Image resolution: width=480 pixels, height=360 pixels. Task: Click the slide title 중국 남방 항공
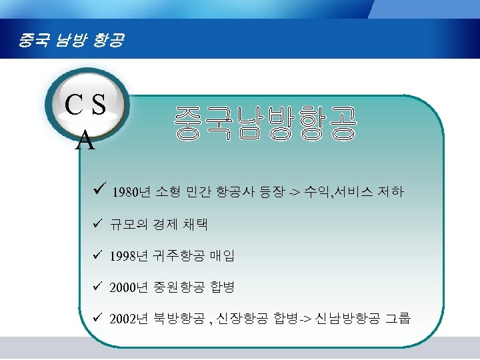(71, 43)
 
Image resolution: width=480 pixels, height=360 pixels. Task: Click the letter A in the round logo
(85, 141)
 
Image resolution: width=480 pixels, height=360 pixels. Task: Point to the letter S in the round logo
(99, 105)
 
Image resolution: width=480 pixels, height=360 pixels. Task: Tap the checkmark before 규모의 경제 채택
(97, 223)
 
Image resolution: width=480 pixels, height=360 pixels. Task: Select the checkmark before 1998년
(97, 255)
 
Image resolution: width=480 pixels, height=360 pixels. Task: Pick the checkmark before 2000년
(97, 287)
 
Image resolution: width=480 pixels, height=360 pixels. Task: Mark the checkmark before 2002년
(97, 318)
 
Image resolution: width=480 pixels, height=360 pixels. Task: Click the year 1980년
(131, 193)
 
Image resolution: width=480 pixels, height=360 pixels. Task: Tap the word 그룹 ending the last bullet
(397, 319)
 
